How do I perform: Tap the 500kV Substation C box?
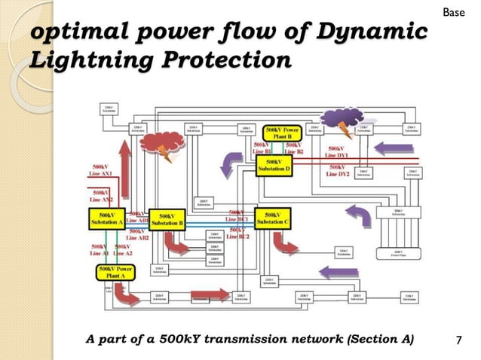click(273, 219)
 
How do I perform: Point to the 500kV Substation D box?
click(274, 165)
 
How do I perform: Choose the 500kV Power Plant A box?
click(115, 272)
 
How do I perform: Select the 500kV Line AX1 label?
click(101, 171)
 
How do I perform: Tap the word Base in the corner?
click(452, 13)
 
